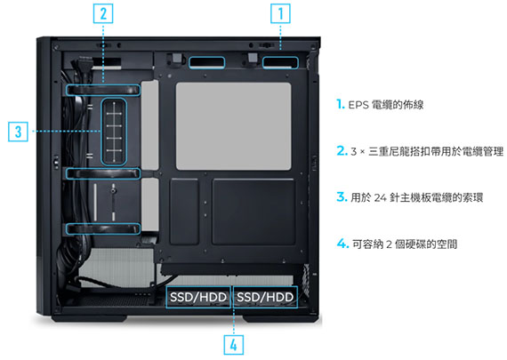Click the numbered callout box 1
[x=280, y=13]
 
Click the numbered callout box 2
[x=103, y=13]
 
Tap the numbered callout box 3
[x=18, y=132]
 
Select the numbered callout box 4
[x=233, y=345]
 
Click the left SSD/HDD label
[x=198, y=297]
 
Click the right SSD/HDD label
[x=265, y=297]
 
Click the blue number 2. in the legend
[x=342, y=150]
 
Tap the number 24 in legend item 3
[x=381, y=197]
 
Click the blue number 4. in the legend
[x=342, y=244]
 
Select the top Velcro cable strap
[x=103, y=90]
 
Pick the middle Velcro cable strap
[x=103, y=173]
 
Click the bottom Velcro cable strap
[x=103, y=228]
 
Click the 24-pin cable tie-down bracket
[x=114, y=132]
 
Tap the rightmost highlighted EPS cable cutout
[x=280, y=63]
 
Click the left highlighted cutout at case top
[x=206, y=63]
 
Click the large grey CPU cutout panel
[x=233, y=126]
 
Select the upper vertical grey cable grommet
[x=150, y=125]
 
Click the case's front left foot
[x=89, y=318]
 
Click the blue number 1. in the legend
[x=340, y=104]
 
